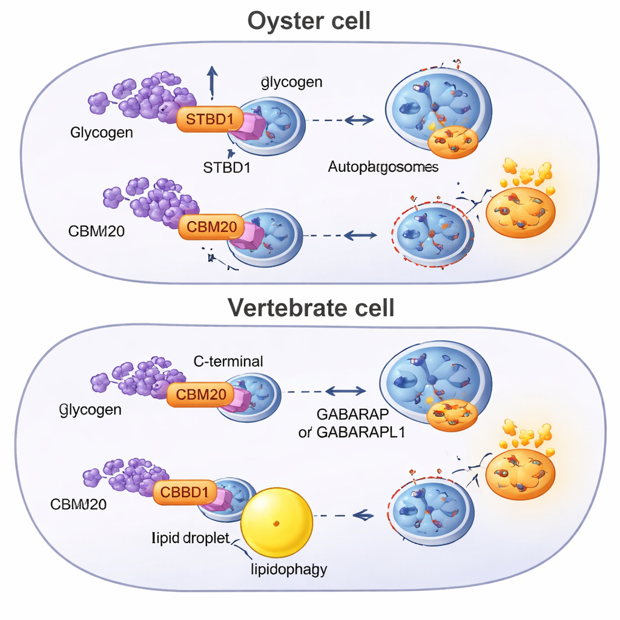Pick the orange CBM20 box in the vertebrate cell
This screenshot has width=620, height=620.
coord(200,395)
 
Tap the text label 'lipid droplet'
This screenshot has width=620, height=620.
coord(190,538)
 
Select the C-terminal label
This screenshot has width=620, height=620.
coord(228,362)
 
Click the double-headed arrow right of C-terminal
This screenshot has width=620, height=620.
coord(346,391)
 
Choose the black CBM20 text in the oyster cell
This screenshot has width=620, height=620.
coord(97,231)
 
